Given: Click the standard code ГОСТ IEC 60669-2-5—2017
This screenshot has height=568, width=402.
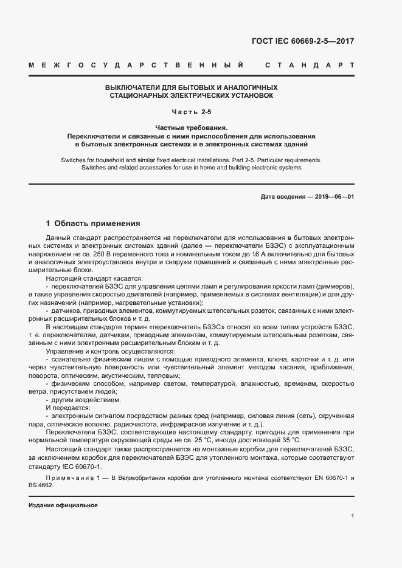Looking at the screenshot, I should [x=302, y=41].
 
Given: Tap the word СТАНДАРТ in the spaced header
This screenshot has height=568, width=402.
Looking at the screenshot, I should [x=309, y=64].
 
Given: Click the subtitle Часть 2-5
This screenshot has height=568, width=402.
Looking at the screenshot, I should [x=192, y=112].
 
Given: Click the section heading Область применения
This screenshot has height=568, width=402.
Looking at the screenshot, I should [x=97, y=223].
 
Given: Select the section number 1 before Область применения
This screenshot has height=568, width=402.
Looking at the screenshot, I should [x=48, y=223].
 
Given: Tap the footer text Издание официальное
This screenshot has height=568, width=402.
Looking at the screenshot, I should [x=63, y=505].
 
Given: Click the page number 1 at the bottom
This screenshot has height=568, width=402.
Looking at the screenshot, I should [x=352, y=516].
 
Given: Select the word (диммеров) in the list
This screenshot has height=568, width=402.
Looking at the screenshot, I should [x=336, y=286].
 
